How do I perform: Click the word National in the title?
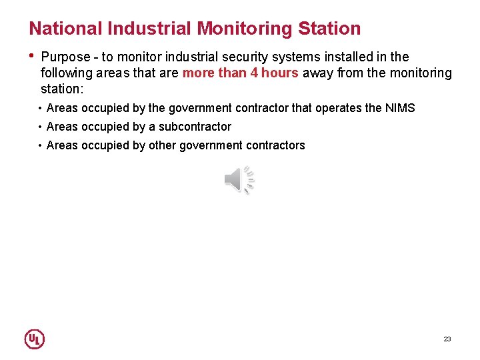65,29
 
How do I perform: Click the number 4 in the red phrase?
255,73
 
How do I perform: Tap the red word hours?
280,73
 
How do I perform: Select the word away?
318,73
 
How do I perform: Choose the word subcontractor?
195,127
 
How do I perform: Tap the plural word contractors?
274,145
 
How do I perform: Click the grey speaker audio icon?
239,180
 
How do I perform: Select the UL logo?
34,339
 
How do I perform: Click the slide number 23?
447,339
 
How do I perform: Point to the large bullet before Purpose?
31,56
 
